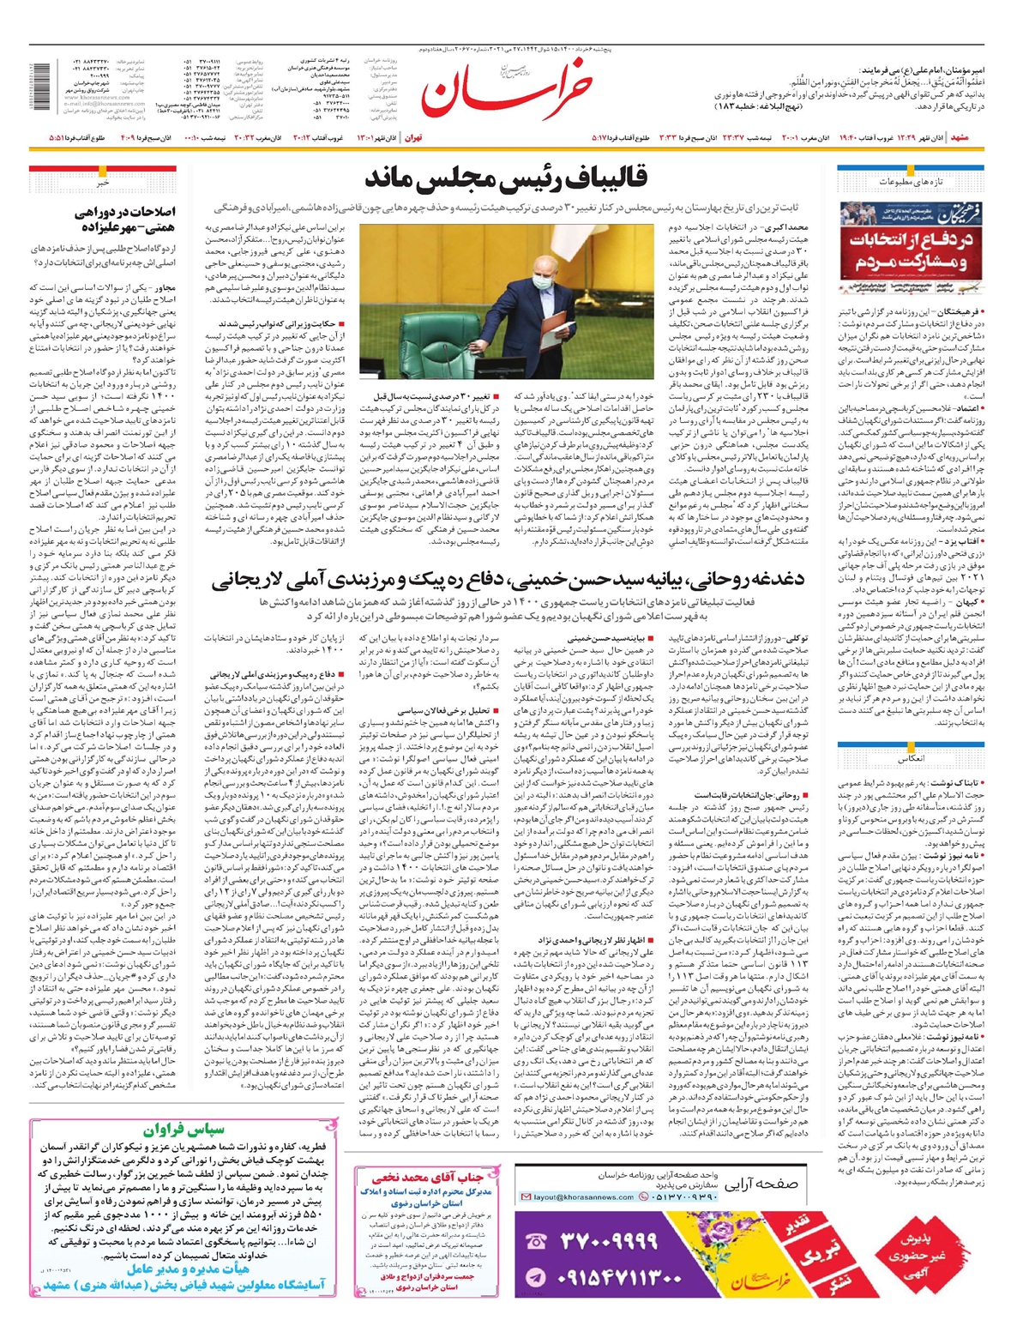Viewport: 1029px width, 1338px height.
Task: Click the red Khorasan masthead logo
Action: pyautogui.click(x=506, y=91)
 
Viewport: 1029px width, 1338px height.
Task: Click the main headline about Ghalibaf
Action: pyautogui.click(x=506, y=178)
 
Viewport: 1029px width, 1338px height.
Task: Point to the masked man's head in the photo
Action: pyautogui.click(x=543, y=273)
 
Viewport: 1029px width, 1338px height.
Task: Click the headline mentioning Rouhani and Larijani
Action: pyautogui.click(x=509, y=580)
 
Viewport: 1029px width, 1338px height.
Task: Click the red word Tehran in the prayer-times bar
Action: pyautogui.click(x=412, y=137)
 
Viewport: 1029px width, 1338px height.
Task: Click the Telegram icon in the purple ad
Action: pyautogui.click(x=536, y=1277)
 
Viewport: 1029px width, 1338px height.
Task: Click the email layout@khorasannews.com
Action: pyautogui.click(x=583, y=1196)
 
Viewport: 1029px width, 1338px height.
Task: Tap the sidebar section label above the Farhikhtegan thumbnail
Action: pyautogui.click(x=911, y=182)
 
